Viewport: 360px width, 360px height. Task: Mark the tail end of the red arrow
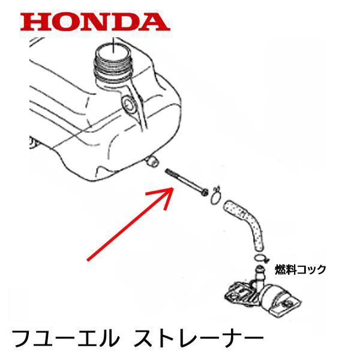tap(88, 260)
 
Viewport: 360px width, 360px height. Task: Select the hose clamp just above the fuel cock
tap(260, 259)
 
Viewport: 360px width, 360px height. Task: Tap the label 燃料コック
tap(300, 269)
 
